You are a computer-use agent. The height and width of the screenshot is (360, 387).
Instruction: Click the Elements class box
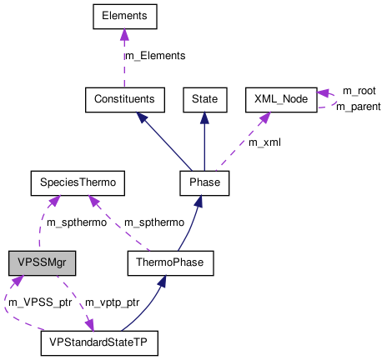[x=123, y=16]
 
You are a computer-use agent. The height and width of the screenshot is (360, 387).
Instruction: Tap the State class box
[x=204, y=99]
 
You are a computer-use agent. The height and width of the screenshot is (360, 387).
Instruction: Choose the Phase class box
[x=204, y=181]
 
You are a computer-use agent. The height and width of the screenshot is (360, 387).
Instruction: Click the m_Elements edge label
[x=154, y=56]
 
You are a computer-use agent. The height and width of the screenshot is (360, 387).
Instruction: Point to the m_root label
[x=359, y=90]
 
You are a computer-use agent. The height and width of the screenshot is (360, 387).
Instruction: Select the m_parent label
[x=358, y=106]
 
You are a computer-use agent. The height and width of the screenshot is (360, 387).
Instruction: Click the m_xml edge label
[x=264, y=142]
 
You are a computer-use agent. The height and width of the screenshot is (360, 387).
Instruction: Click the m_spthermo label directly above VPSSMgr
[x=75, y=222]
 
